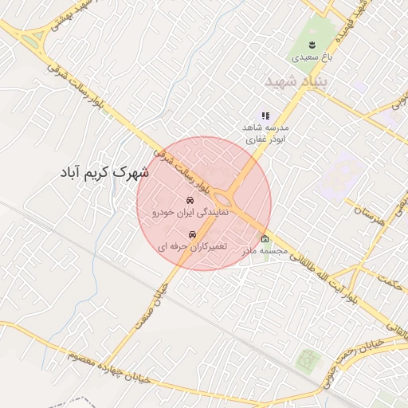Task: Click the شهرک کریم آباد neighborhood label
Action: click(104, 171)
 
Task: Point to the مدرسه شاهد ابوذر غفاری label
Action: click(266, 132)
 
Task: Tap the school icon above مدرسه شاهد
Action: click(266, 116)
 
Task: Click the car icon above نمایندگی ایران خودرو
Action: click(190, 200)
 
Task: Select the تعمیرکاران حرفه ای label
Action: click(192, 247)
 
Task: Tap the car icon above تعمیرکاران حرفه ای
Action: click(191, 234)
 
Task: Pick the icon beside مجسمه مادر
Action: click(265, 239)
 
